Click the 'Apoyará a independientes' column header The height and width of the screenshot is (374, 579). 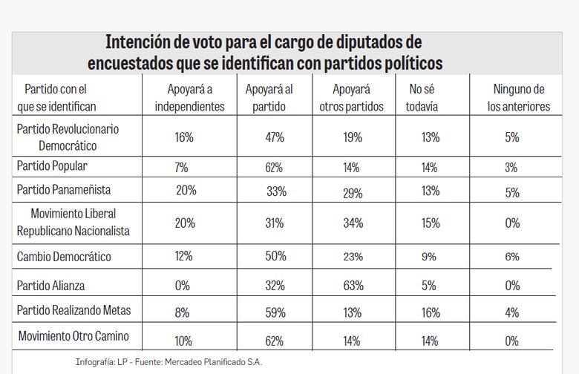tap(189, 98)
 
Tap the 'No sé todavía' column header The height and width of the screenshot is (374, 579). tap(424, 98)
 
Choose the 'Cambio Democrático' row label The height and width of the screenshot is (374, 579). tap(64, 256)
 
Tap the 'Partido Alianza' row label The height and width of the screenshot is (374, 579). tap(50, 285)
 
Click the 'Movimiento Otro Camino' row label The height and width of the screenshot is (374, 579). tap(73, 336)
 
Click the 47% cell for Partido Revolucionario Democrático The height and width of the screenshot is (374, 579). tap(275, 137)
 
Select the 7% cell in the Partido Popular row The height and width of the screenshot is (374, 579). tap(180, 168)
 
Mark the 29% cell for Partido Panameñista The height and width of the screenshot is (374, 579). tap(353, 193)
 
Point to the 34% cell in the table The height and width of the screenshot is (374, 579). tap(353, 223)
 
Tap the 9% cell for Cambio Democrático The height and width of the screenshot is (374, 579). tap(428, 257)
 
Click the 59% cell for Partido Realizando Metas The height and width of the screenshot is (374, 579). tap(275, 313)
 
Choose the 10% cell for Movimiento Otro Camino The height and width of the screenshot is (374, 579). tap(183, 341)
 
